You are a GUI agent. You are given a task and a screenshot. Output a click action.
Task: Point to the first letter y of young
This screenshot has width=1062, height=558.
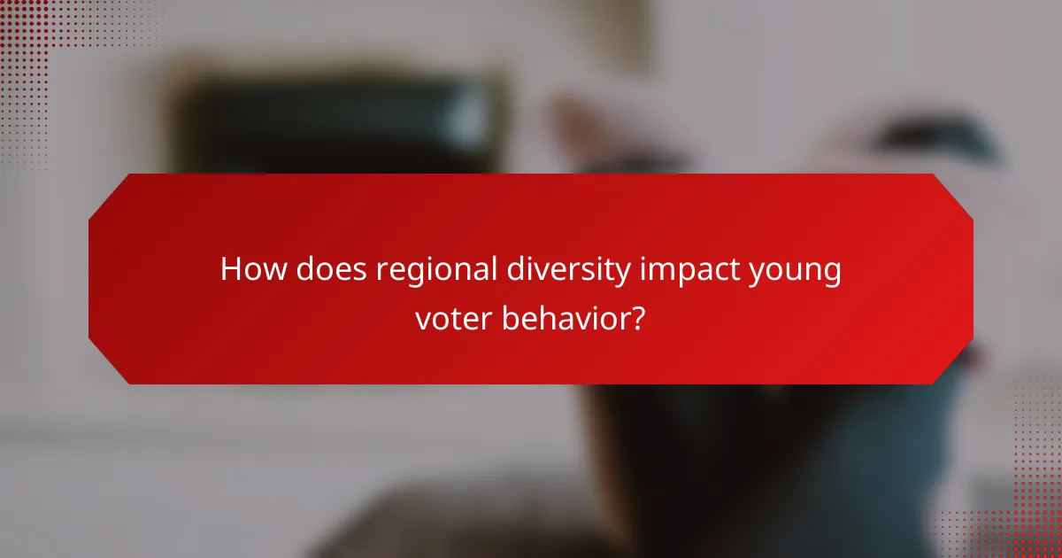(757, 273)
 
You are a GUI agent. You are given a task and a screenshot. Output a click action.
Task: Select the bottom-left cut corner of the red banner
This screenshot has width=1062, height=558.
(107, 365)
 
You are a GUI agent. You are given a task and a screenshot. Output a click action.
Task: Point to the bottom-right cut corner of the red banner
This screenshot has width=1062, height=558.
(954, 365)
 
